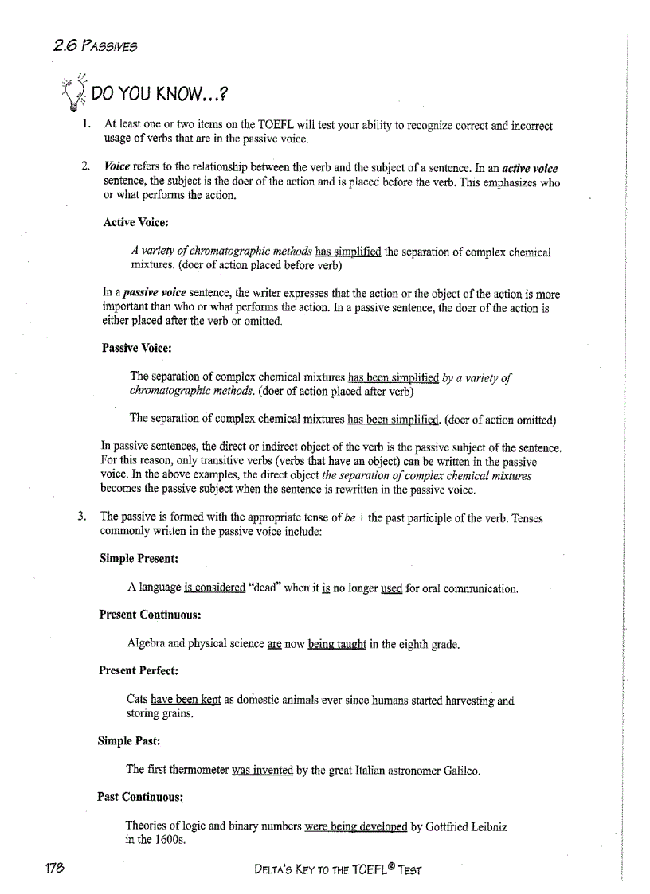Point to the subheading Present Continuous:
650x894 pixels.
tap(150, 615)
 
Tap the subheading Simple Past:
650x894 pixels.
tap(129, 740)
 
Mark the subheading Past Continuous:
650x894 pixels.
tap(141, 796)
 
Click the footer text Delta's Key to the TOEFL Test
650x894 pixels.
tap(335, 869)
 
